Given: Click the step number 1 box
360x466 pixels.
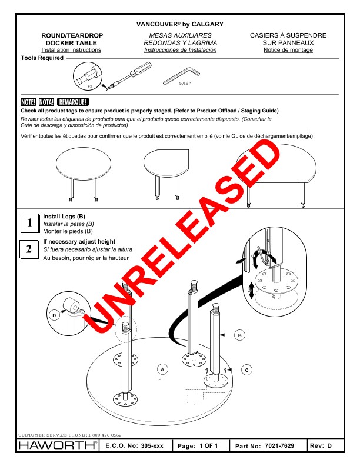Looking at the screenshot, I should pyautogui.click(x=29, y=223).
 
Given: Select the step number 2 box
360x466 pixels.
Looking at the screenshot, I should pyautogui.click(x=29, y=249).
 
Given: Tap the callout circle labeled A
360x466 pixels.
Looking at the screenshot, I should pyautogui.click(x=163, y=369).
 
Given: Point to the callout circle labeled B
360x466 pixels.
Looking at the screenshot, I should pyautogui.click(x=239, y=335).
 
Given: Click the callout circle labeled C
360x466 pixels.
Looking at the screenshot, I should pyautogui.click(x=246, y=370).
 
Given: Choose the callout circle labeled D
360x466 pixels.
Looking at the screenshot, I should pyautogui.click(x=54, y=316).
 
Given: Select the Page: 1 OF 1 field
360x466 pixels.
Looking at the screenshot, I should pyautogui.click(x=197, y=446).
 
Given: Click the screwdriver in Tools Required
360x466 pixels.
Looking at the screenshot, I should pyautogui.click(x=126, y=77).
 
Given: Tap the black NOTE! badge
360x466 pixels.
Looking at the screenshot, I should pyautogui.click(x=28, y=102).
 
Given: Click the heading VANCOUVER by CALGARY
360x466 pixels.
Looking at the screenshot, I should pyautogui.click(x=179, y=25).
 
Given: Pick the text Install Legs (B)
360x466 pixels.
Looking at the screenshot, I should pyautogui.click(x=64, y=217).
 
